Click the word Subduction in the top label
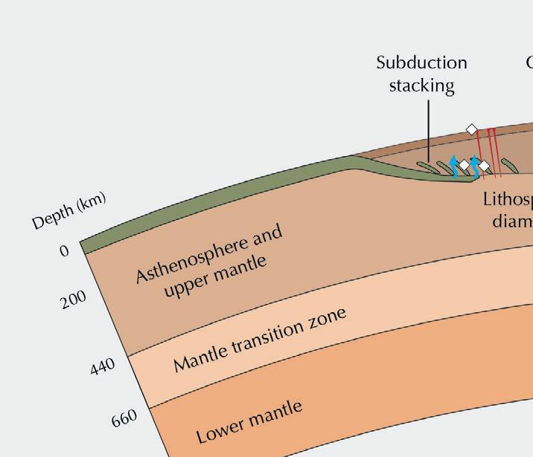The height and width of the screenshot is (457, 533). tap(421, 62)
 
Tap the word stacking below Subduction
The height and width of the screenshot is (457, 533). tap(421, 85)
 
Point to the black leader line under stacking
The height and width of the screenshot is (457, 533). tap(429, 130)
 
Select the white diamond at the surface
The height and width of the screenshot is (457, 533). tap(471, 129)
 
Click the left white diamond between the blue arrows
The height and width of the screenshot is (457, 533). tap(464, 164)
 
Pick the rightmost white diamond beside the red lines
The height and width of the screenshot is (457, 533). tap(484, 165)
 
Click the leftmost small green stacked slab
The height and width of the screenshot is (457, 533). tap(422, 166)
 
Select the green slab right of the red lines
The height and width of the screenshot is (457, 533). tap(509, 164)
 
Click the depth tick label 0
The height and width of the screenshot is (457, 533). tap(65, 251)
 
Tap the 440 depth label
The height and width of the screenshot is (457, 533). tap(103, 366)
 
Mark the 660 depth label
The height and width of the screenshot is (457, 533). tap(125, 419)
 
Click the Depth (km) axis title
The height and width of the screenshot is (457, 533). tap(69, 211)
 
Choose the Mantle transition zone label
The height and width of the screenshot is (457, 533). tap(261, 340)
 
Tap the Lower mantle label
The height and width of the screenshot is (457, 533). tap(250, 421)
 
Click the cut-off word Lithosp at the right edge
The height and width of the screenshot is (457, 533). tap(508, 199)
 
